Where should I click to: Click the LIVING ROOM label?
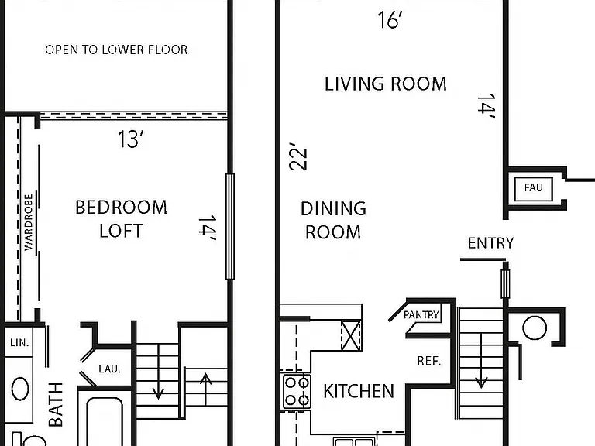point(386,84)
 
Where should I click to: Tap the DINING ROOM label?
point(333,221)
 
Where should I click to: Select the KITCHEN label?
point(359,391)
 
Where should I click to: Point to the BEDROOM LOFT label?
point(121,219)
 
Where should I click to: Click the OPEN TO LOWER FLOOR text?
point(116,50)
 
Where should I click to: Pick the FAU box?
point(533,188)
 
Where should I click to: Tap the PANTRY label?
point(421,315)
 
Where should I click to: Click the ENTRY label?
point(490,243)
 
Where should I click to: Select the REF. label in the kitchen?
point(429,361)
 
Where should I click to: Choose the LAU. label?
point(110,369)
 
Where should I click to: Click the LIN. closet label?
point(19,343)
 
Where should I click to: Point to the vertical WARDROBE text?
point(29,222)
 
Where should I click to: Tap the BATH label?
point(56,404)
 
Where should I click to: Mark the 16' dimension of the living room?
point(390,19)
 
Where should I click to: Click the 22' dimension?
point(297,156)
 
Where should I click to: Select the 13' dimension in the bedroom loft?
point(130,139)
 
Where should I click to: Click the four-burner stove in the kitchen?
point(297,391)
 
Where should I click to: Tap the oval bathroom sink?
point(20,389)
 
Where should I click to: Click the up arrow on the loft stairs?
point(205,389)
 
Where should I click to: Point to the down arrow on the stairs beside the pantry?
point(481,361)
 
